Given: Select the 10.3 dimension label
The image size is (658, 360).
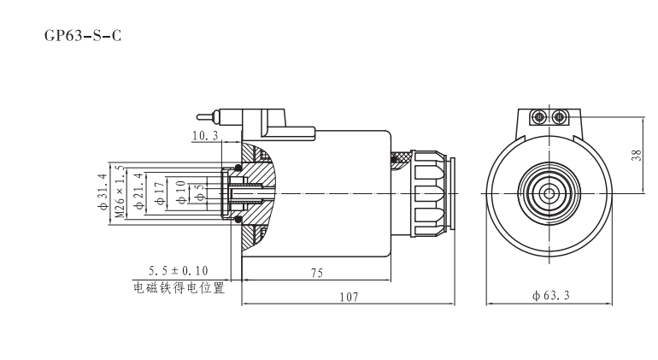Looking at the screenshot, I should (205, 135).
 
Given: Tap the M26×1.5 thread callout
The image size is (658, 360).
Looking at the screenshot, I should (120, 192).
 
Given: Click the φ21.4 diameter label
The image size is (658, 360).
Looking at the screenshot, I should (138, 193).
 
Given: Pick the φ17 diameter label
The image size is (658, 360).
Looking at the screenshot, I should (158, 193).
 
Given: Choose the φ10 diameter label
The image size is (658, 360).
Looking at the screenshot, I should (180, 193).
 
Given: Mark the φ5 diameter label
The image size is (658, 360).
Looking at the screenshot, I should (200, 193).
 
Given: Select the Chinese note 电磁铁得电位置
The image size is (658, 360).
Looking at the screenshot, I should (179, 286).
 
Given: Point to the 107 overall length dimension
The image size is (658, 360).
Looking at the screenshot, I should (348, 296).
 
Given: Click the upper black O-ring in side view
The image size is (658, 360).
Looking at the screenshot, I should (238, 168).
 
